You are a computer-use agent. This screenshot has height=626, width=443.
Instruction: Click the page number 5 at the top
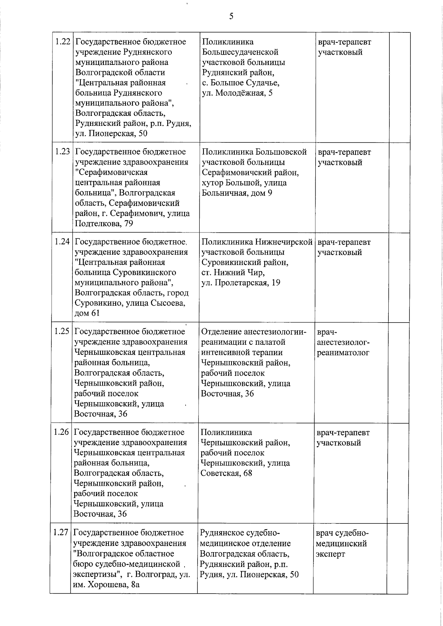(x=231, y=16)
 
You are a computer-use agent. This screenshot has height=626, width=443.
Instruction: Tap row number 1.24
(x=62, y=242)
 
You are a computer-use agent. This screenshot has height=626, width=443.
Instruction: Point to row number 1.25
(x=62, y=331)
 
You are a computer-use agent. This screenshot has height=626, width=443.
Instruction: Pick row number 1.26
(x=61, y=432)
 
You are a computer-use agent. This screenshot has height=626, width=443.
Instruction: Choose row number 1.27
(x=61, y=533)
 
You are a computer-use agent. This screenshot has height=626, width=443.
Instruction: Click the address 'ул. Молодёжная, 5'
(x=237, y=93)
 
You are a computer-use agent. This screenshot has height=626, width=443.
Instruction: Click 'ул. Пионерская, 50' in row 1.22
(x=111, y=134)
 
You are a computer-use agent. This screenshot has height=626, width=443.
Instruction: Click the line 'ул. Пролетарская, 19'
(x=241, y=283)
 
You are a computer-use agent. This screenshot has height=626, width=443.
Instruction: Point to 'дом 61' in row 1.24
(x=87, y=313)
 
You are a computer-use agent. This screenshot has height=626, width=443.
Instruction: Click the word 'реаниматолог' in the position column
(x=343, y=352)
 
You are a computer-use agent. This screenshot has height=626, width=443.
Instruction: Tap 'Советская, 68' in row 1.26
(x=226, y=473)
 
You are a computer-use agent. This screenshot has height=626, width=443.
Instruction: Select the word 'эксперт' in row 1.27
(x=330, y=554)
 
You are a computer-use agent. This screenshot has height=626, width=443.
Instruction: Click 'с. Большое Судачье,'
(x=240, y=83)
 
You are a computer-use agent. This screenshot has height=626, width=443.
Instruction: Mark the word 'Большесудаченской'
(x=240, y=52)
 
